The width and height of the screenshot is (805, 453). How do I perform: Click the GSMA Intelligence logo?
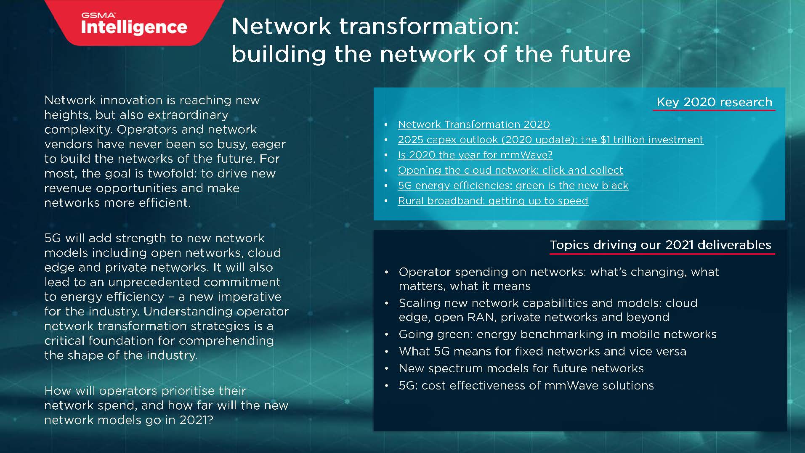tap(134, 24)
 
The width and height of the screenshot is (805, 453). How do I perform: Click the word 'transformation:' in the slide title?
tap(429, 26)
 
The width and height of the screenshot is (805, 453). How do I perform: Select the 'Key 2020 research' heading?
tap(714, 102)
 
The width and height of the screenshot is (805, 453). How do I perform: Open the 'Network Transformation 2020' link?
tap(474, 125)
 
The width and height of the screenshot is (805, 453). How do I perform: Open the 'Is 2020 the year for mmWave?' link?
tap(475, 155)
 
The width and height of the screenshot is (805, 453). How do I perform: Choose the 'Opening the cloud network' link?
tap(510, 170)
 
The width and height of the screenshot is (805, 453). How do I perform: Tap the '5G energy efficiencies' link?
tap(513, 185)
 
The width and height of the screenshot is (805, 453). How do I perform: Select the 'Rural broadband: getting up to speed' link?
tap(493, 201)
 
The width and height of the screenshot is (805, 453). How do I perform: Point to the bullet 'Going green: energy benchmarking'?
tap(557, 334)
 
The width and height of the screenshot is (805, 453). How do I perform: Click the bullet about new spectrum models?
tap(521, 368)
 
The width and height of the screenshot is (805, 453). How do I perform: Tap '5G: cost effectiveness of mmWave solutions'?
tap(526, 386)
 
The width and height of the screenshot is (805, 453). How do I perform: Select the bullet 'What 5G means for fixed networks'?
tap(542, 351)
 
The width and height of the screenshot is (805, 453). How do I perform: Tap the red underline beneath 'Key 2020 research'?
tap(714, 111)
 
